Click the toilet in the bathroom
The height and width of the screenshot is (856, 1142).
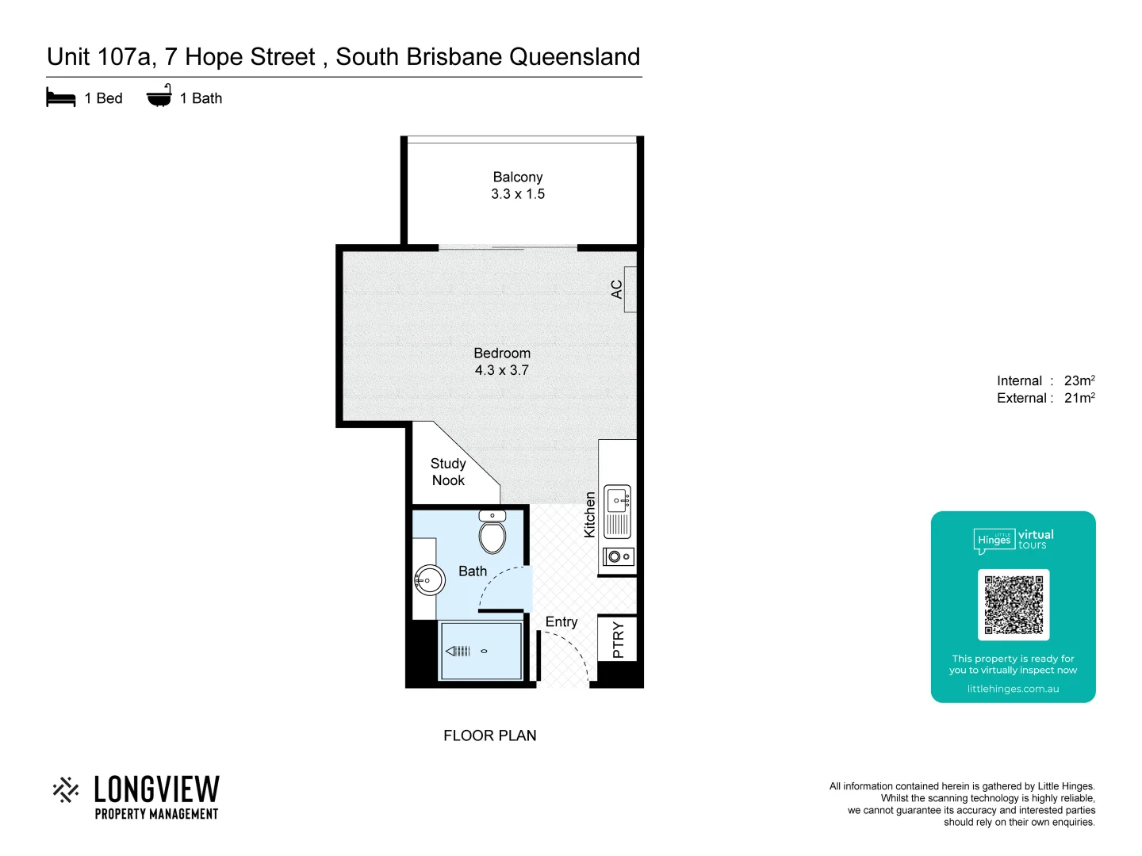492,535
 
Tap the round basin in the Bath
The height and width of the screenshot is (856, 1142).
429,580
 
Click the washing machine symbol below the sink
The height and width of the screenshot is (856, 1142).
618,556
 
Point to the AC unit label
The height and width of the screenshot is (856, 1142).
617,289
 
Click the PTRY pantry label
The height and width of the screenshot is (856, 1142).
619,640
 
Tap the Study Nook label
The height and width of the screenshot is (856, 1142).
448,472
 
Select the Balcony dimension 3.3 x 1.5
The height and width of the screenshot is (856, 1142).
518,194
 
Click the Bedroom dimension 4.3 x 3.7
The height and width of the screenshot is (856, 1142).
501,370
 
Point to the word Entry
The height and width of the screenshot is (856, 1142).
561,622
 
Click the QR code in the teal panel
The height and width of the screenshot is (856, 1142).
1014,605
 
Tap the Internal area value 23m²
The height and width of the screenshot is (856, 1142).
1079,380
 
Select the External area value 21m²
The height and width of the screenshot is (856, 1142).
1079,398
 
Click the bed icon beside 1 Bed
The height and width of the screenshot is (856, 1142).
61,97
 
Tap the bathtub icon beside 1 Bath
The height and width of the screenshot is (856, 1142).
159,96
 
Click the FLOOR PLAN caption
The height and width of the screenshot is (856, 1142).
490,736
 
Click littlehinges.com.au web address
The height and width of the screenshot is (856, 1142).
1013,689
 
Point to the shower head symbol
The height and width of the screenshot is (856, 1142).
459,651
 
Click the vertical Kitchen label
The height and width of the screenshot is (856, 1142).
589,514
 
